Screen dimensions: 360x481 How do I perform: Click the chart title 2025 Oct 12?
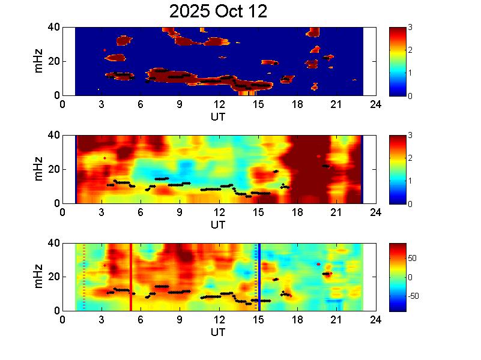[x=218, y=11]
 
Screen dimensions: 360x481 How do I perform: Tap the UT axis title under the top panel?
[x=218, y=116]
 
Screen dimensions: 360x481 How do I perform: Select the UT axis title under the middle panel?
[x=218, y=224]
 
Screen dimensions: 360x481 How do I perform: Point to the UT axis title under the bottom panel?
[x=218, y=332]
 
